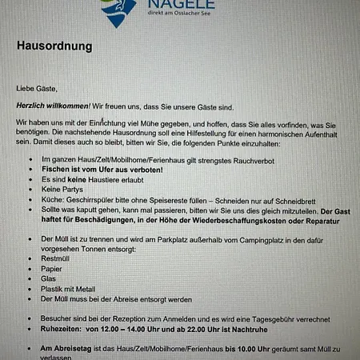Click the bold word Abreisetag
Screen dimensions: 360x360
(x=64, y=350)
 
